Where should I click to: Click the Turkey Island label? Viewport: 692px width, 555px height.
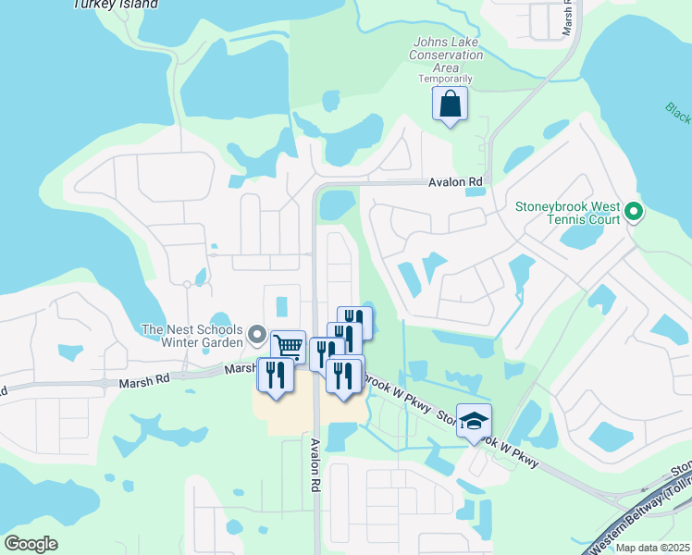115,5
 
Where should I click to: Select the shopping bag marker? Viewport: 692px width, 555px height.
450,105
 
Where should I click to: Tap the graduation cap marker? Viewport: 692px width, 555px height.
475,421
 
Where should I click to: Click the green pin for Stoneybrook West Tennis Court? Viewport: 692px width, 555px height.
634,213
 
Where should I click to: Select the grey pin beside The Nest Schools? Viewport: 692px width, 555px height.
256,336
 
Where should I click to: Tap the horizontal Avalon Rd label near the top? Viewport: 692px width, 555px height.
456,183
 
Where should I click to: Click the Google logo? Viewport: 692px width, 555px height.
31,544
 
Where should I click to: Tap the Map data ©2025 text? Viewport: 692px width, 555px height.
652,548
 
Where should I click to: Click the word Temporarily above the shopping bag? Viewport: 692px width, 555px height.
445,80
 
